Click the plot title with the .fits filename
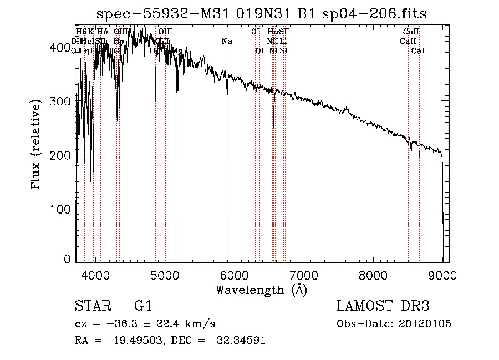click(262, 13)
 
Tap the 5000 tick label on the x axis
click(165, 275)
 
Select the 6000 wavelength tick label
click(234, 275)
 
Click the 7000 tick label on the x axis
click(304, 275)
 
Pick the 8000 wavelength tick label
click(373, 275)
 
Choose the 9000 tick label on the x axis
click(442, 275)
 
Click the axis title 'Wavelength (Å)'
click(261, 290)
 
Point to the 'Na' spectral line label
click(226, 42)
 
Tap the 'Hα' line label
click(272, 32)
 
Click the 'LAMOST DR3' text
click(383, 306)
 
